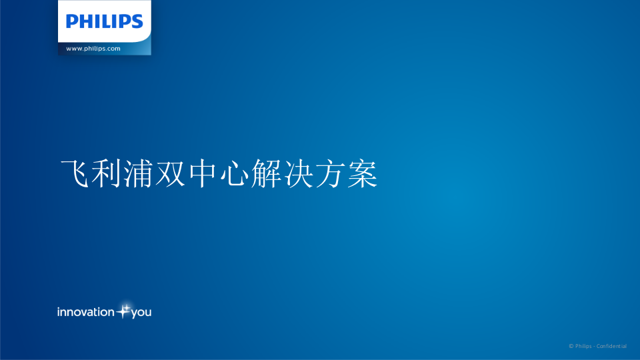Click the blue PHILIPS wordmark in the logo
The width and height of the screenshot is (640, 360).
tap(104, 21)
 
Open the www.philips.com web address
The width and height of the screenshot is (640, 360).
tap(93, 49)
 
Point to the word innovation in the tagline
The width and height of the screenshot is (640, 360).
tap(85, 312)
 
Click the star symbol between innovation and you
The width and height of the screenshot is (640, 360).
tap(123, 311)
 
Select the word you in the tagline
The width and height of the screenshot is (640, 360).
tap(141, 313)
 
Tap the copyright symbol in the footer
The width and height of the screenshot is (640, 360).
tap(571, 346)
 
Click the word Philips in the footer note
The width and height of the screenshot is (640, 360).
tap(583, 346)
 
